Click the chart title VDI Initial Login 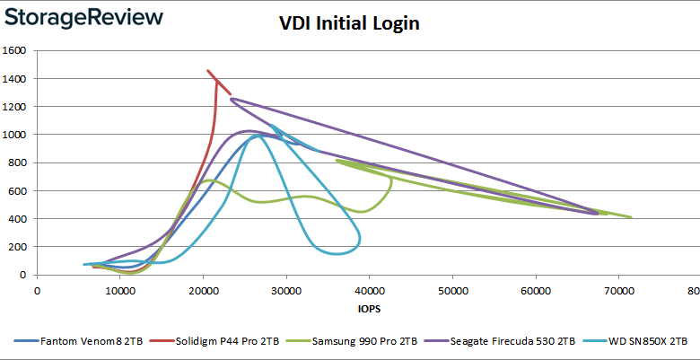pyautogui.click(x=349, y=24)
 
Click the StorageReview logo pyautogui.click(x=83, y=18)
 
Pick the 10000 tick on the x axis pyautogui.click(x=119, y=291)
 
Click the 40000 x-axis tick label pyautogui.click(x=369, y=291)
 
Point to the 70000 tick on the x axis pyautogui.click(x=618, y=291)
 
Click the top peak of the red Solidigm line pyautogui.click(x=208, y=70)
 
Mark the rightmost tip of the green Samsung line pyautogui.click(x=632, y=217)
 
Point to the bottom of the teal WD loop pyautogui.click(x=337, y=254)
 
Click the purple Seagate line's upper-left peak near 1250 pyautogui.click(x=232, y=99)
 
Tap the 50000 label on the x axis pyautogui.click(x=452, y=291)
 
